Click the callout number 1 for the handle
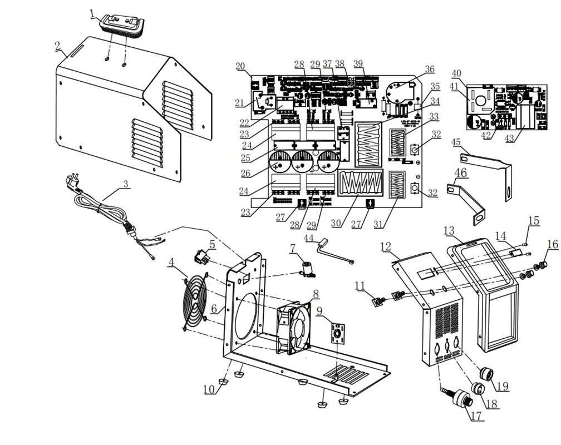(x=92, y=13)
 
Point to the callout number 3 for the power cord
(x=125, y=184)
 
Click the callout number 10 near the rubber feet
(x=209, y=389)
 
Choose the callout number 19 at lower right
(x=502, y=386)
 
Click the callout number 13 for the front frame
(x=449, y=230)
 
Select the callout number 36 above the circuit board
(x=429, y=69)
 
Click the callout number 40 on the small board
(x=456, y=73)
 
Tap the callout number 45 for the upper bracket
(x=456, y=143)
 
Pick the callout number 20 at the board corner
(x=240, y=66)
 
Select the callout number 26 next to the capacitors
(x=245, y=173)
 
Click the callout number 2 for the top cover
(x=57, y=46)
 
